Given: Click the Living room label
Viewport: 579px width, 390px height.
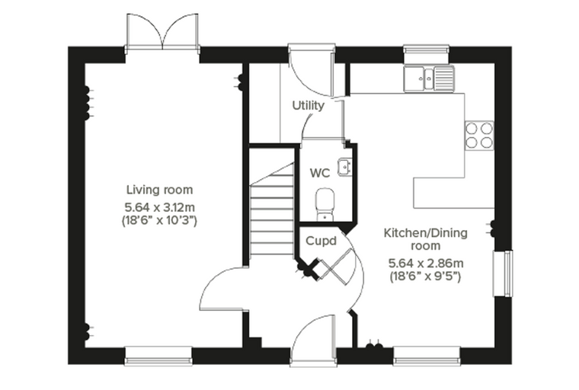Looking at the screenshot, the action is (159, 190).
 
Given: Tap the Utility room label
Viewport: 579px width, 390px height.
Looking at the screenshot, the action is (309, 106).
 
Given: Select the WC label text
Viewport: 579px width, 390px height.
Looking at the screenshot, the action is (320, 173).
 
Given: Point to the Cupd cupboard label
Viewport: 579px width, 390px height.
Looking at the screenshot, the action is (321, 241).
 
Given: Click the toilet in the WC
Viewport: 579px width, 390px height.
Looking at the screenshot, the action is (325, 205).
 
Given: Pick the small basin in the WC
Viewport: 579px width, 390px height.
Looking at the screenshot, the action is (345, 168).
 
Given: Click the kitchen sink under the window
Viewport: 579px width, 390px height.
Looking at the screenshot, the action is (429, 78).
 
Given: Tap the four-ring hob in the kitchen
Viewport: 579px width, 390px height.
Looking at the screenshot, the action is (479, 136).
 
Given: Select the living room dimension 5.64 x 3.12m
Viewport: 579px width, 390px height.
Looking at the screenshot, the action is (159, 207).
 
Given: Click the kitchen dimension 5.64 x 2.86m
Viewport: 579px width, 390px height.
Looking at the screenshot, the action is (426, 264).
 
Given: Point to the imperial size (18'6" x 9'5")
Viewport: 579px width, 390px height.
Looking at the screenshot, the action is (426, 276).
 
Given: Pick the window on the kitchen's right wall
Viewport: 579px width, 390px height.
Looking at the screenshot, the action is (503, 273).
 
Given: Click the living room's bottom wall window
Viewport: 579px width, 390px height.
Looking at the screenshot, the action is (158, 356).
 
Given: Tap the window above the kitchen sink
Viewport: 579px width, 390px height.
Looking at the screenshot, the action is (427, 53).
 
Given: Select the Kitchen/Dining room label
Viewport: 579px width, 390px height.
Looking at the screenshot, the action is (426, 239).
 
